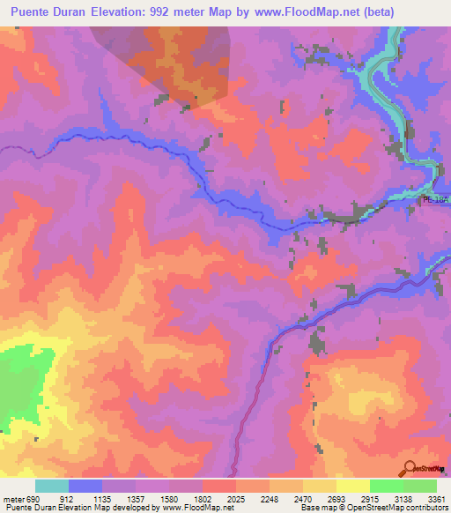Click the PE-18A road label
coord(435,200)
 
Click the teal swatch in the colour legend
coord(52,486)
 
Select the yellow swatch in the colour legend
coord(353,486)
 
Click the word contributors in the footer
coord(427,508)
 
